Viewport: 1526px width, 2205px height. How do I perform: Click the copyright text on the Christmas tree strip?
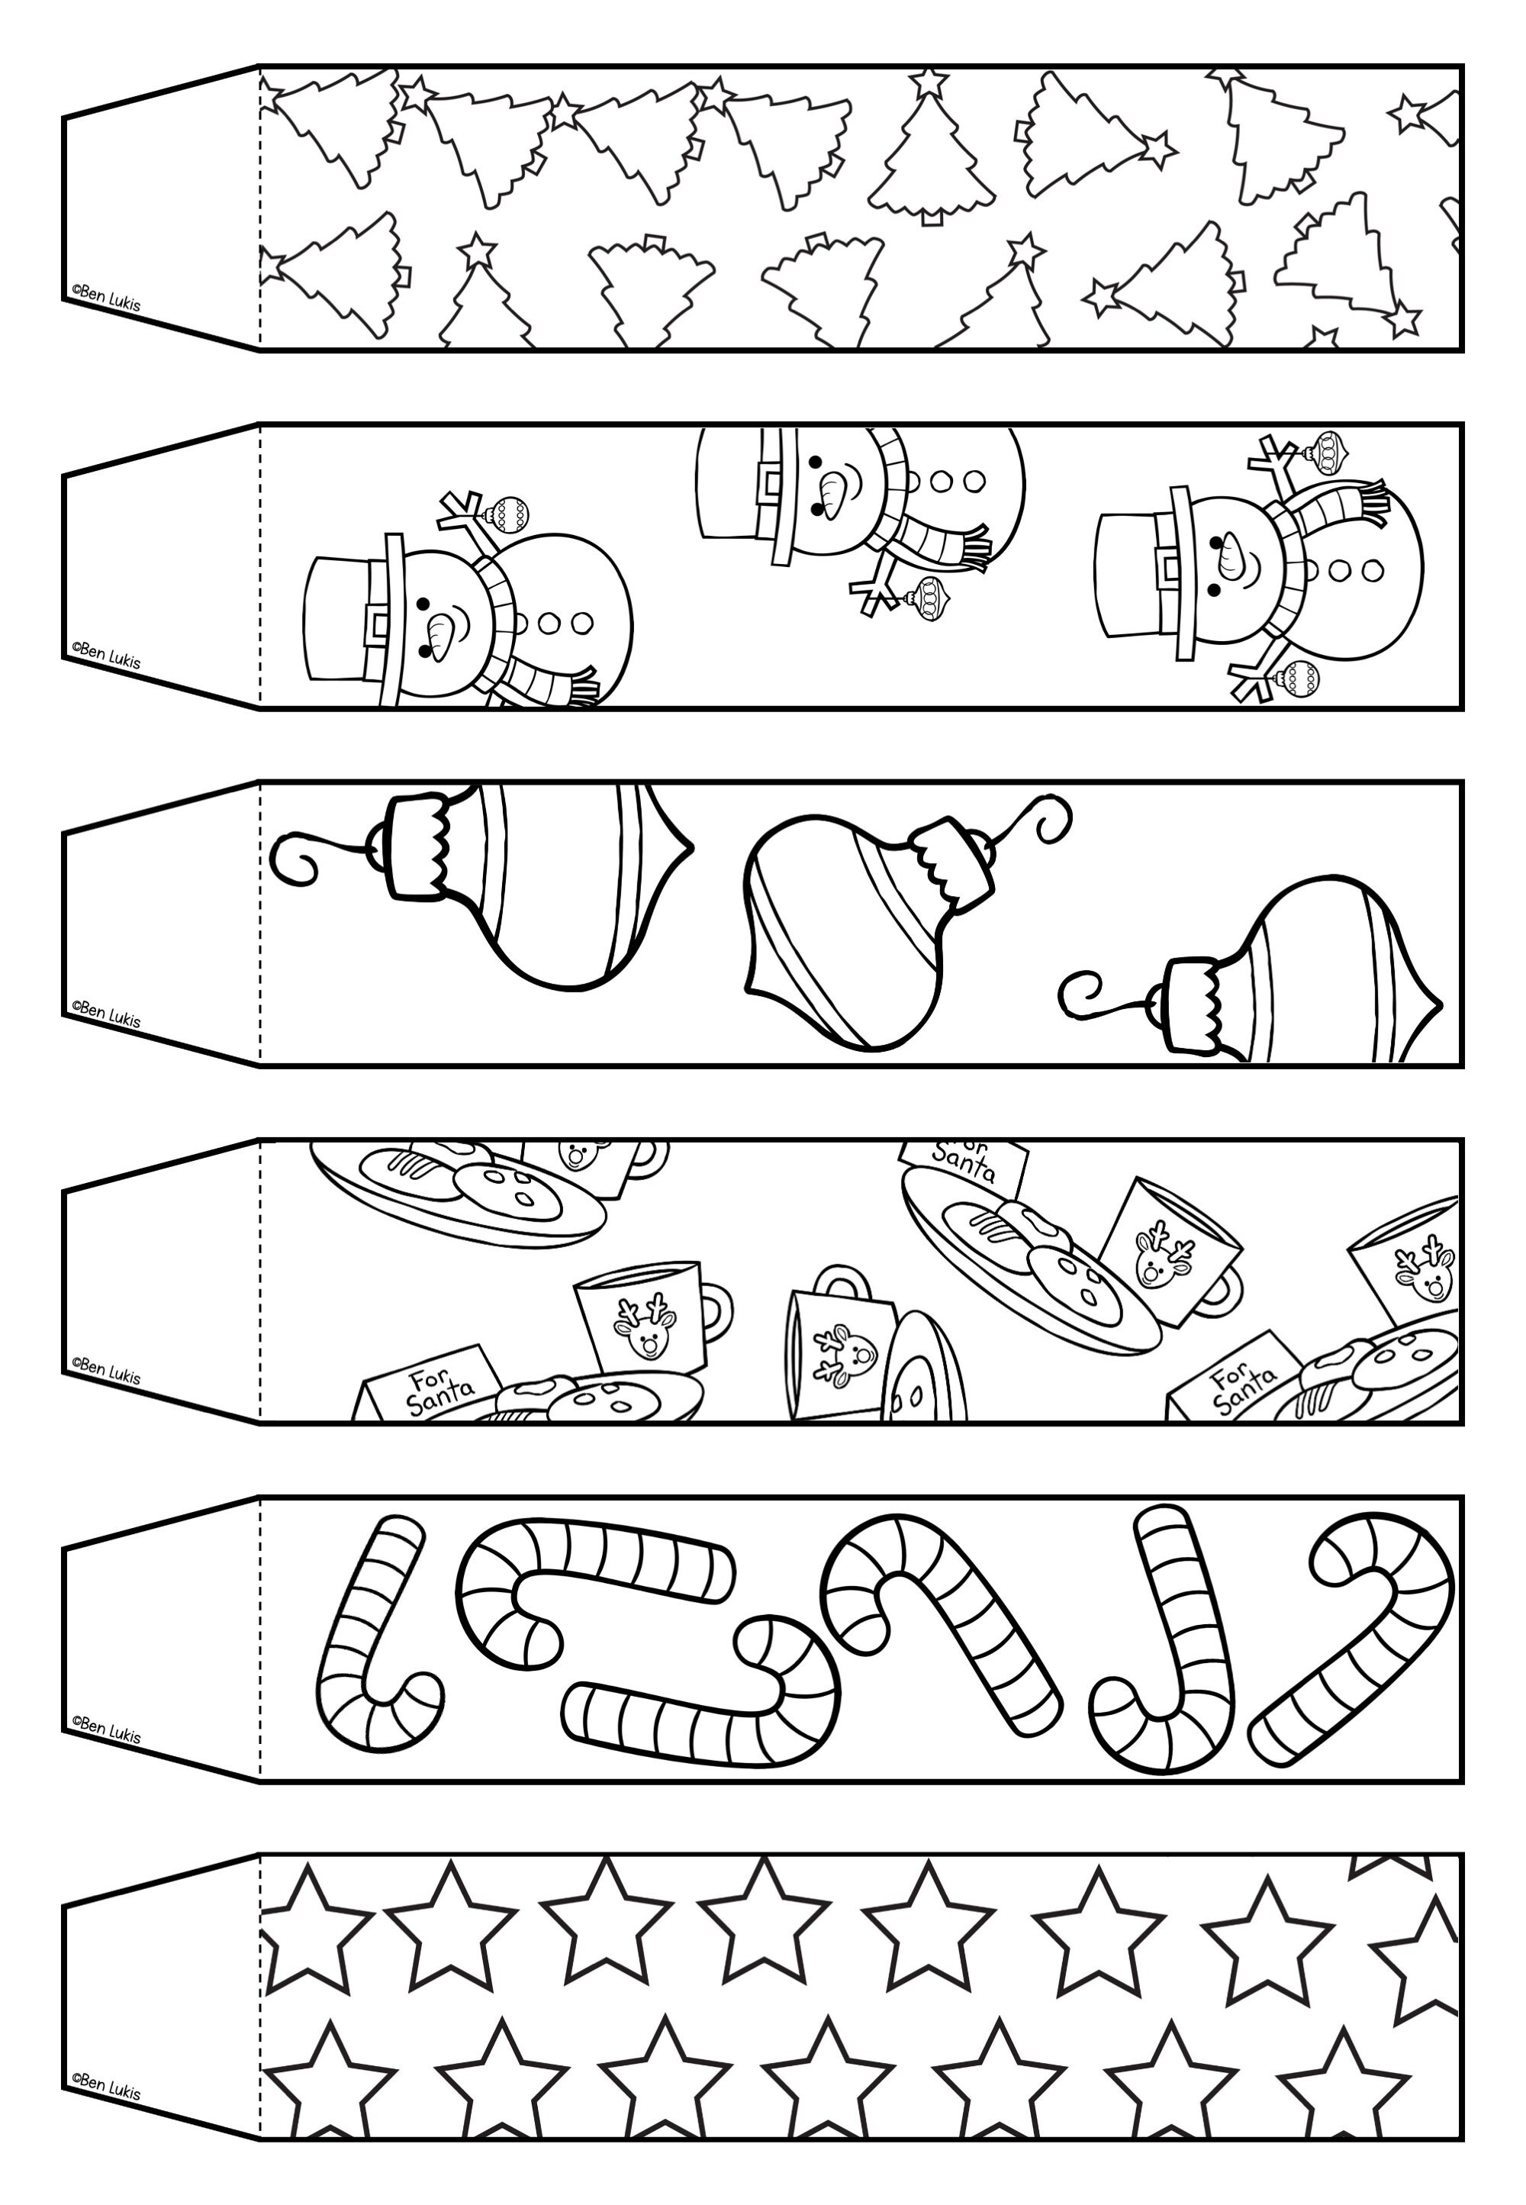point(105,298)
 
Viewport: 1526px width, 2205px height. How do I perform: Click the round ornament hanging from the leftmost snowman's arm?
point(507,514)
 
